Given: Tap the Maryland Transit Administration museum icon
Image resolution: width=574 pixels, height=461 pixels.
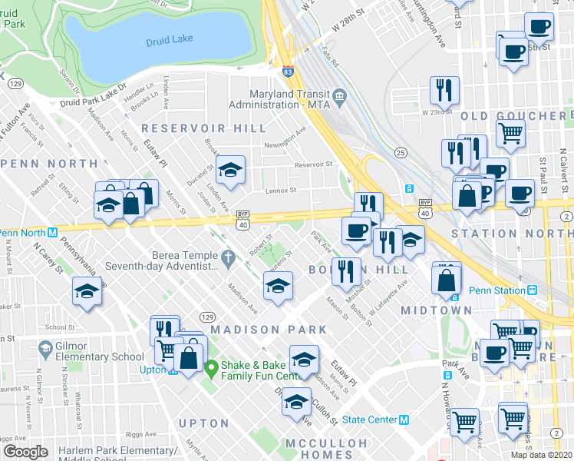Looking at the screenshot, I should (x=343, y=95).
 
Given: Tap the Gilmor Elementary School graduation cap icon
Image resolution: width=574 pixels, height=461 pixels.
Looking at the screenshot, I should (x=45, y=350).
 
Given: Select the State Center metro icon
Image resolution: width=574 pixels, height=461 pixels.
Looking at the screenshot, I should (x=404, y=420).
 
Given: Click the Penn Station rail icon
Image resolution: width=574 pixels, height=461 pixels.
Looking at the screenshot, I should (x=530, y=290).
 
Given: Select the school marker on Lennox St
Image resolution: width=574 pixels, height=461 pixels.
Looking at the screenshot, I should (x=229, y=171).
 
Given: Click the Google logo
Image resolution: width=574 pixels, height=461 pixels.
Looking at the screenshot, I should (x=25, y=451).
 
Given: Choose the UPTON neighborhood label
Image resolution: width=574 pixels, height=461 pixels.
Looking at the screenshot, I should (x=203, y=423).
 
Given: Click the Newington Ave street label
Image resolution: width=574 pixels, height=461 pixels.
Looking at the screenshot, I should (x=291, y=136).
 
